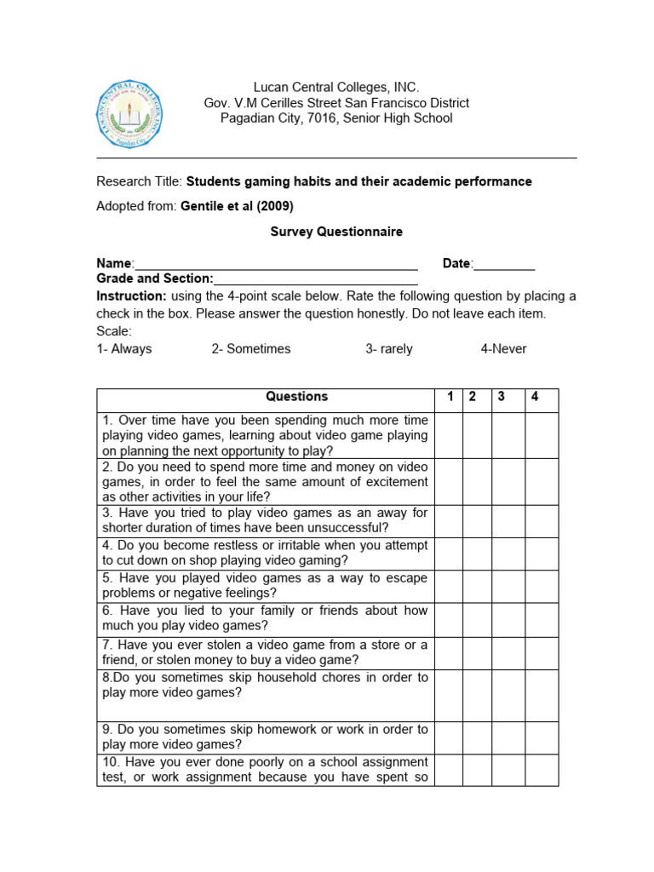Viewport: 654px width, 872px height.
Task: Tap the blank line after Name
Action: pos(276,265)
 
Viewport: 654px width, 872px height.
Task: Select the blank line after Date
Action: pos(504,265)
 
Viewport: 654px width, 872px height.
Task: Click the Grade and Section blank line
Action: pos(316,279)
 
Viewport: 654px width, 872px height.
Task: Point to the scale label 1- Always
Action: pos(123,349)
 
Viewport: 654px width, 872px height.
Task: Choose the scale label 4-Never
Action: pos(503,349)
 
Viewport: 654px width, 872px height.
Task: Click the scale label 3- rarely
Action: pos(389,349)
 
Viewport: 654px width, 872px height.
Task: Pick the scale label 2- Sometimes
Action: pos(251,349)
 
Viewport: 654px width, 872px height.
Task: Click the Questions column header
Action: pos(296,397)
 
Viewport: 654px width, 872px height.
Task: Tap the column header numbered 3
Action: pos(502,397)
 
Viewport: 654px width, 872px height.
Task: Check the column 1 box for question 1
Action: pos(449,436)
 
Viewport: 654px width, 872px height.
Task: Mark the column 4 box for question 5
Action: pos(541,587)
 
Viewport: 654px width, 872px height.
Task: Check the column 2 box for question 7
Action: pos(476,653)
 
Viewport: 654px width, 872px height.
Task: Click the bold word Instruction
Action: pos(131,296)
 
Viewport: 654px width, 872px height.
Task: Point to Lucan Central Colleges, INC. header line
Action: pos(336,88)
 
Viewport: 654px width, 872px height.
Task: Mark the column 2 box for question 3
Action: pos(476,521)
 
